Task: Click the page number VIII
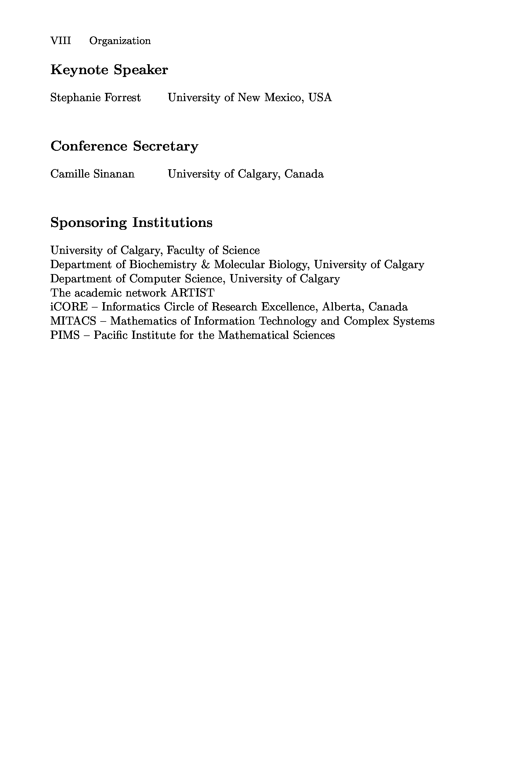[61, 41]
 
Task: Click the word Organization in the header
[120, 41]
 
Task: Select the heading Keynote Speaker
[109, 70]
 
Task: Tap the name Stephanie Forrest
[95, 97]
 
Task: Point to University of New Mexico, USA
[250, 97]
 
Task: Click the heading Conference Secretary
[124, 146]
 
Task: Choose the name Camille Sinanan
[92, 174]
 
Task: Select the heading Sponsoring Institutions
[131, 222]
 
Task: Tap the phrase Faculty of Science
[213, 250]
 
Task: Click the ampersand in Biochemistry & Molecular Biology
[205, 264]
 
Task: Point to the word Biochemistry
[163, 264]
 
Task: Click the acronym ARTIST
[192, 293]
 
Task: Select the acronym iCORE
[69, 307]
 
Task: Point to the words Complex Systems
[389, 321]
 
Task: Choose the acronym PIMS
[65, 335]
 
